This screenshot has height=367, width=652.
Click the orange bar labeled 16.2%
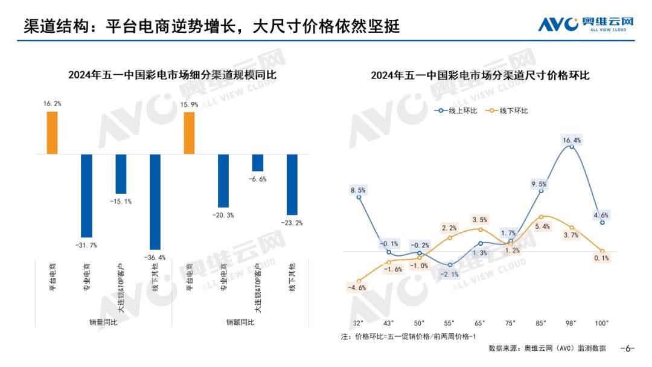click(52, 133)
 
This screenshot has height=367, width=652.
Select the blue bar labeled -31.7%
click(86, 196)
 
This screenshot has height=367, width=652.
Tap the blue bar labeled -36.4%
click(155, 202)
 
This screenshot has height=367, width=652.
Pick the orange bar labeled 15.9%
click(190, 133)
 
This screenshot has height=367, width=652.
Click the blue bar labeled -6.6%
click(258, 163)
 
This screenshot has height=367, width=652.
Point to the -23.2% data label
click(292, 223)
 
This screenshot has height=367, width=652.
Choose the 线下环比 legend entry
click(507, 111)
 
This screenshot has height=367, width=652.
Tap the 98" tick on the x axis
click(571, 324)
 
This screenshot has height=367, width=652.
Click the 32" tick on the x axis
click(359, 324)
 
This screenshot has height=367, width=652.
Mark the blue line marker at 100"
click(602, 223)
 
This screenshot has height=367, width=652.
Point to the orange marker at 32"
click(359, 281)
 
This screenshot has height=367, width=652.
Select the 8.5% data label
click(359, 190)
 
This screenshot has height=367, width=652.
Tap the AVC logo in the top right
click(586, 24)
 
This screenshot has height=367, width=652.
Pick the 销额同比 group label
click(240, 322)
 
